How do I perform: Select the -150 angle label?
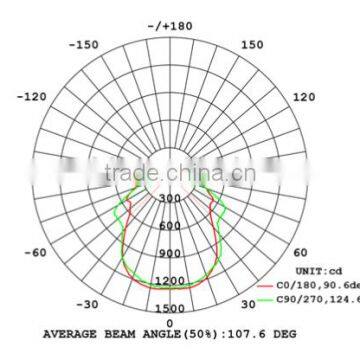[87, 44]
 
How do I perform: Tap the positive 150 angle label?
[252, 44]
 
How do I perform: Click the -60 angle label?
[35, 252]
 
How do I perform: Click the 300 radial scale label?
[170, 199]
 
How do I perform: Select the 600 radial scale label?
[170, 226]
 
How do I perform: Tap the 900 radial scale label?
[170, 254]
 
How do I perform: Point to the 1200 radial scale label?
[170, 281]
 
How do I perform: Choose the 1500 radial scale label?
[170, 309]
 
